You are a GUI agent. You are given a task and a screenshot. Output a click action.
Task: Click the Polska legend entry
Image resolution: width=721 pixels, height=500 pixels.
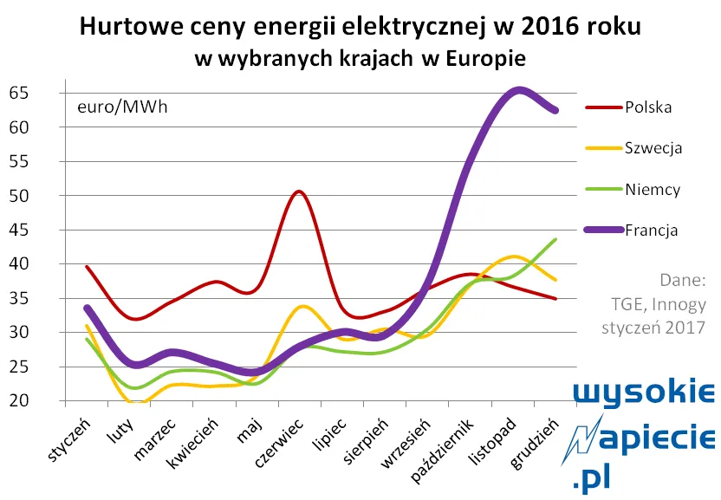pos(647,107)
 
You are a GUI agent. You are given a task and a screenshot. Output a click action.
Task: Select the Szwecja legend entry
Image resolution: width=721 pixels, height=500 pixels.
pos(653,148)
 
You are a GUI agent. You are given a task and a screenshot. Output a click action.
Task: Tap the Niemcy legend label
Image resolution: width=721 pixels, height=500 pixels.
pos(652,189)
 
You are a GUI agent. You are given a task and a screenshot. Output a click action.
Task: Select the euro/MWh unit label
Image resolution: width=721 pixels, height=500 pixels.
pos(122,107)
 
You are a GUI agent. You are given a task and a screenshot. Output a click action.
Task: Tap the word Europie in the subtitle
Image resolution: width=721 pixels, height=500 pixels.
pos(484,58)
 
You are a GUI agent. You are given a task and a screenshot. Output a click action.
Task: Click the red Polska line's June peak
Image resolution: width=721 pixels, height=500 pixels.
pos(297,192)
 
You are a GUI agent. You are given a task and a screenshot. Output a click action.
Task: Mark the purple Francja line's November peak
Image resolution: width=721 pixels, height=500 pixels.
pos(518,90)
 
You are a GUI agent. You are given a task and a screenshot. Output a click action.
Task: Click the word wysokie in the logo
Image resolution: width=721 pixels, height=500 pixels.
pos(646,394)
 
